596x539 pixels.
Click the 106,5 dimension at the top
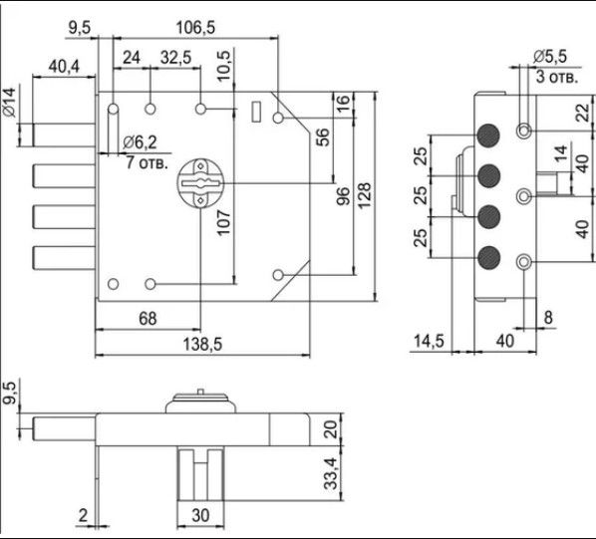click(195, 27)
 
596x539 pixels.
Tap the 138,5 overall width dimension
click(202, 345)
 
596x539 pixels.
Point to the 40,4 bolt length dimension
click(64, 67)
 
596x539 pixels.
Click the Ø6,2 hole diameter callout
click(140, 142)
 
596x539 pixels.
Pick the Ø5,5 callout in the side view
click(549, 57)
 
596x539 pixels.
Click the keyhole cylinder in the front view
click(200, 183)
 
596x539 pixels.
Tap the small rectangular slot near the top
click(256, 112)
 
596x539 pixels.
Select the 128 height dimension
click(365, 195)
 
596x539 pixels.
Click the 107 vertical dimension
click(224, 223)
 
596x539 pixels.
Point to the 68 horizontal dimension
click(148, 319)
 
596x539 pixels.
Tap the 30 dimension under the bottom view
click(200, 516)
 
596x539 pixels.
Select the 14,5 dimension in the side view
click(429, 341)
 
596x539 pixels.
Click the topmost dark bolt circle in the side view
click(488, 135)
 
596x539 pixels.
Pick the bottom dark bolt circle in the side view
click(488, 257)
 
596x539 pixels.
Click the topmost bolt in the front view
click(64, 135)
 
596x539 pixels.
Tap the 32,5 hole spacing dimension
click(175, 58)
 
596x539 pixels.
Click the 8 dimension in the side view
click(548, 317)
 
